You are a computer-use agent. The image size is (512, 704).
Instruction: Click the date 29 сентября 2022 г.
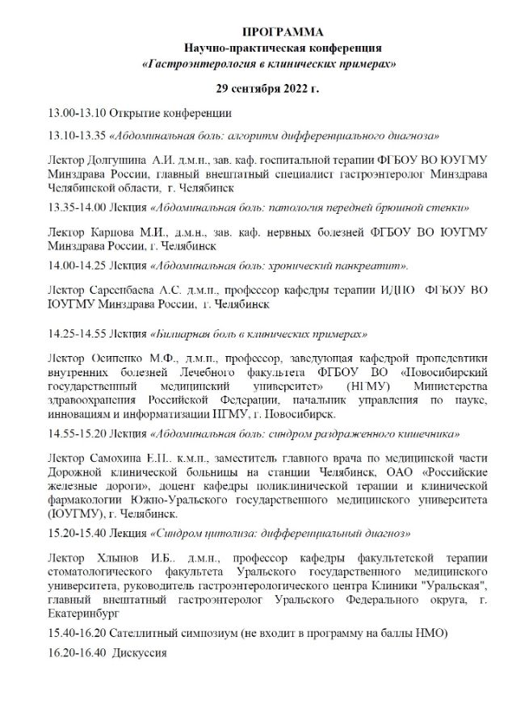(266, 87)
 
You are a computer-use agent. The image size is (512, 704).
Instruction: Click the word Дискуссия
(140, 652)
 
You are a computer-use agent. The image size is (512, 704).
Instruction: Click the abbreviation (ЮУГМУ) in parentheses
(75, 513)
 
